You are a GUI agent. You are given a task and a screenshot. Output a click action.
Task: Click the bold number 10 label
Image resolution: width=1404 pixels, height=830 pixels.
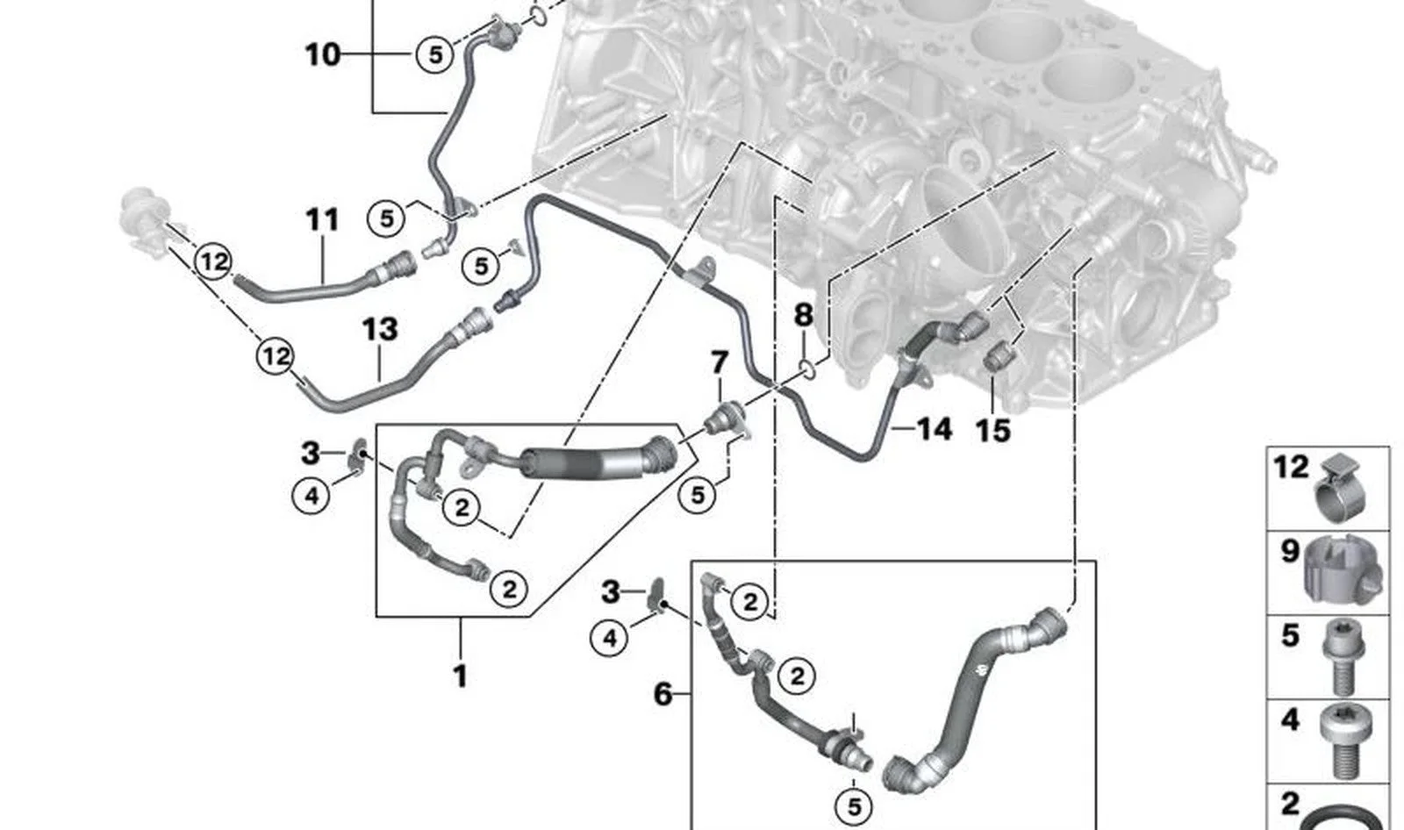[x=323, y=54]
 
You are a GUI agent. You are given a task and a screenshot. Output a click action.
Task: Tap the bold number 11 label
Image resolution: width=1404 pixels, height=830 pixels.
[x=322, y=220]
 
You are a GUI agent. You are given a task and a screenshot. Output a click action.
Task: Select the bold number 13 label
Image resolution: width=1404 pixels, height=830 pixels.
[x=380, y=329]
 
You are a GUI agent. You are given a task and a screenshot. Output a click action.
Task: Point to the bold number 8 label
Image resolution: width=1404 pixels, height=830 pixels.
[x=803, y=315]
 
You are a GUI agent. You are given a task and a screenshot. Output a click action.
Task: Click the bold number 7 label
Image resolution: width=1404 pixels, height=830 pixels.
[x=719, y=362]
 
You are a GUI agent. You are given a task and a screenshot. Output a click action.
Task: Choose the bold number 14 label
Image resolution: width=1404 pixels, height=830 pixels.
[x=935, y=429]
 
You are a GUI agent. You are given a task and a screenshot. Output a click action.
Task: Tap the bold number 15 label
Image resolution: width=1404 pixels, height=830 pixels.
[x=992, y=431]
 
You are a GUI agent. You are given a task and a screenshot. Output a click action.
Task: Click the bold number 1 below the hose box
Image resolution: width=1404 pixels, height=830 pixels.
[x=461, y=676]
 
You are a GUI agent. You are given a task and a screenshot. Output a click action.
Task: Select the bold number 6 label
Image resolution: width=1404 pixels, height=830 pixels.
[x=663, y=695]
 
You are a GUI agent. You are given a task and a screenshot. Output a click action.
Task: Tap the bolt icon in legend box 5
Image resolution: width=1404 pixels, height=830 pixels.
[x=1339, y=658]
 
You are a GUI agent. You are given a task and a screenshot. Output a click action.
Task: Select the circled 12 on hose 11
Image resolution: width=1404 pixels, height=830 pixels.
[x=213, y=261]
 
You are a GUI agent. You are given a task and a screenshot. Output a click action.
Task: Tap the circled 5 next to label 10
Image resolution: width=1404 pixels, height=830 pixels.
[x=435, y=54]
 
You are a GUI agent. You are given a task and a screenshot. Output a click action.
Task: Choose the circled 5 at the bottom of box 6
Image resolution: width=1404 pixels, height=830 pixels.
[x=855, y=807]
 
